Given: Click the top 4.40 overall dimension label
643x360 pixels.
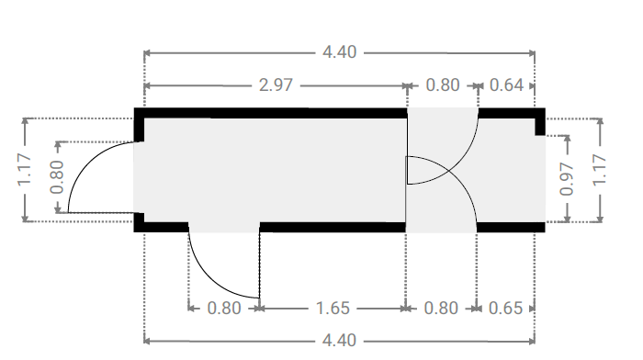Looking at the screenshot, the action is pos(340,52).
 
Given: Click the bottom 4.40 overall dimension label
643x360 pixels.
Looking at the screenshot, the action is pos(340,341).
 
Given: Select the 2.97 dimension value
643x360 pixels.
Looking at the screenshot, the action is pos(276,85).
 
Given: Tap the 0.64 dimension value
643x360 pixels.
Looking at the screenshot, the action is pos(506,85).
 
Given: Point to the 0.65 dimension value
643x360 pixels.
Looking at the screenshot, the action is pos(505,309).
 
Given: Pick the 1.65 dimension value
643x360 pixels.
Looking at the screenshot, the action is pos(333,309).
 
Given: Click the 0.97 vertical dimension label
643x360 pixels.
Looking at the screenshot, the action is pos(567,179).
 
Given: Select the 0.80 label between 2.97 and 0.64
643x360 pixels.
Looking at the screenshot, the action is pos(443,85).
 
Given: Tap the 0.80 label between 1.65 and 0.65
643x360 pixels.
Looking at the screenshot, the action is pos(441,309).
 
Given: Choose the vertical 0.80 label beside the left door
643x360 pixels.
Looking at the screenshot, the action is pos(57,177).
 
